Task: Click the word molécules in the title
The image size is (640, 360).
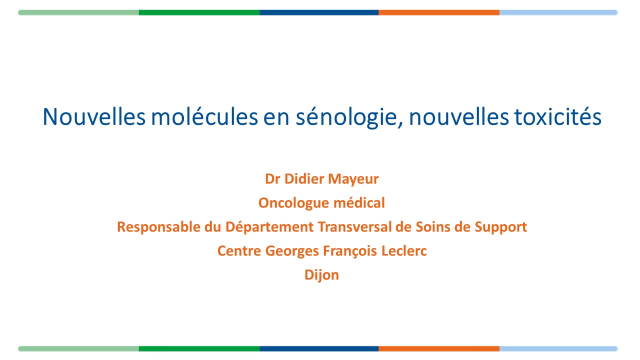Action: tap(204, 116)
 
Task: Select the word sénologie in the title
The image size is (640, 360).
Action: tap(349, 117)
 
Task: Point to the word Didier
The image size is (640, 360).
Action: tap(304, 179)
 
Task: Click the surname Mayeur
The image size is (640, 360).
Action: tap(353, 179)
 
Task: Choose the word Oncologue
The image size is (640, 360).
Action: tap(294, 203)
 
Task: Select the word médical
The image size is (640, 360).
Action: tap(359, 202)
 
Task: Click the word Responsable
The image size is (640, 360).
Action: tap(159, 227)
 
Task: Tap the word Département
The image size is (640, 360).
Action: tap(269, 227)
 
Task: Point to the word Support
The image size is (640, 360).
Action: tap(501, 227)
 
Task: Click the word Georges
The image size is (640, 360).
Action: tap(292, 251)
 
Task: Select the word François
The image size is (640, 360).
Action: tap(350, 251)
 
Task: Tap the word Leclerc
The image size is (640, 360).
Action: tap(404, 251)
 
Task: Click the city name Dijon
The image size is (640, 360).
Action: tap(321, 275)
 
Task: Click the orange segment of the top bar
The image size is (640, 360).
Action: tap(439, 12)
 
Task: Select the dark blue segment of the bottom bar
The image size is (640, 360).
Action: tap(319, 348)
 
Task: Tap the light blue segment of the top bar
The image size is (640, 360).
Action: tap(558, 12)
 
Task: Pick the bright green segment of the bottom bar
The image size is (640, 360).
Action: tap(199, 348)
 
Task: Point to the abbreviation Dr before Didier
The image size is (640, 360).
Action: tap(272, 179)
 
